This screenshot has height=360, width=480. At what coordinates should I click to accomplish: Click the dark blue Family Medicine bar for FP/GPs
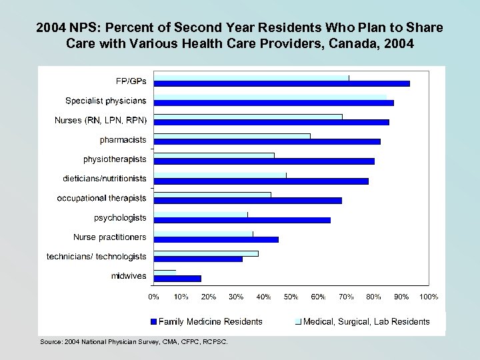281,83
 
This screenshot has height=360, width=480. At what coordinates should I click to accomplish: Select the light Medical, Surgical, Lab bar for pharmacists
231,136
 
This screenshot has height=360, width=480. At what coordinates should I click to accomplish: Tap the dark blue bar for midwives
177,278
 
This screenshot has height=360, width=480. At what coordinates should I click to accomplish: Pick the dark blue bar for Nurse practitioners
216,239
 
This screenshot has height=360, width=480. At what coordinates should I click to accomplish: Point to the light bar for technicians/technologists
206,253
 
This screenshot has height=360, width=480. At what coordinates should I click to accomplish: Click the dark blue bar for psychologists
241,220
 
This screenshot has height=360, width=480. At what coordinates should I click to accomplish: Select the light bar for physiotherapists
213,155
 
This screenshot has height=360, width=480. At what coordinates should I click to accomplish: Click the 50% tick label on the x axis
291,296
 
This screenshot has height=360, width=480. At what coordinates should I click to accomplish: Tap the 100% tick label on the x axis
427,296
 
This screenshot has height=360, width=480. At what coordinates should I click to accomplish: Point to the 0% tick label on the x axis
153,296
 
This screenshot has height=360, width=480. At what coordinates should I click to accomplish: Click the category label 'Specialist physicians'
106,101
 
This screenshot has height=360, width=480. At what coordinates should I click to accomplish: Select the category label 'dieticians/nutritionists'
105,179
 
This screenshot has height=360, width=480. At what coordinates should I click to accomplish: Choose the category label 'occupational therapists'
101,198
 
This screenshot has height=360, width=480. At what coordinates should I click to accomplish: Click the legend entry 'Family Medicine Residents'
210,321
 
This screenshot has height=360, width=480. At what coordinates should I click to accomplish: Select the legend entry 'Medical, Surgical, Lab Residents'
366,321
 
